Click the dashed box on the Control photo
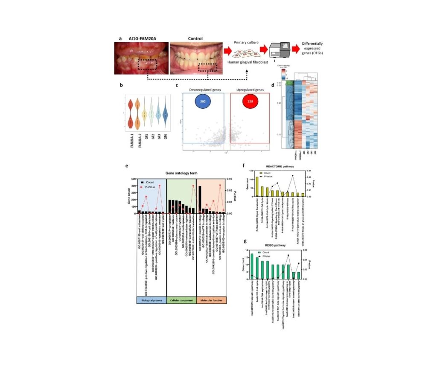coord(208,66)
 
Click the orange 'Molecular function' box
coord(212,300)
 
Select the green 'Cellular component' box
coord(181,300)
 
